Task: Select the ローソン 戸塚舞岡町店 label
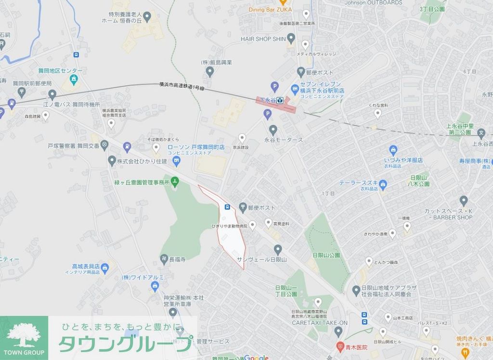196,149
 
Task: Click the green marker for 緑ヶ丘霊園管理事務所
175,182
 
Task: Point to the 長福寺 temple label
177,259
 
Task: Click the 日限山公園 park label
326,255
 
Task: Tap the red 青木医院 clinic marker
341,347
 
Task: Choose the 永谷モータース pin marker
273,129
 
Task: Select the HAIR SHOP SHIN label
263,39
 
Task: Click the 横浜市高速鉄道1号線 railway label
182,86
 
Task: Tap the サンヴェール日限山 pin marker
277,249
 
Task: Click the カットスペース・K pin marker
464,200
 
